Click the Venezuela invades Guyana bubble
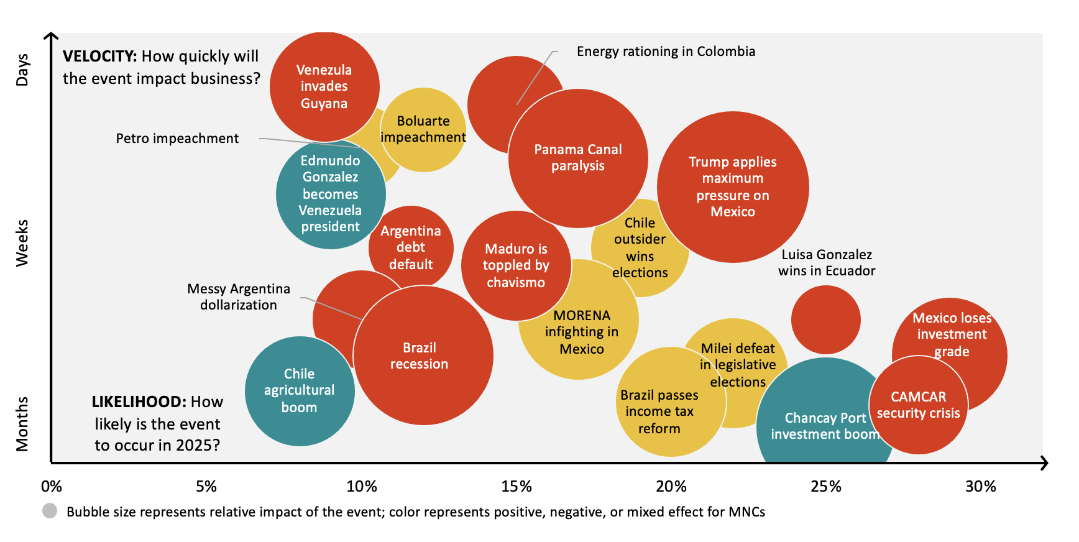pos(324,86)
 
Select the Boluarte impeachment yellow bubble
pos(423,129)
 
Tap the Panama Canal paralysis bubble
pos(578,158)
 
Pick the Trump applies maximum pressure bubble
pos(732,186)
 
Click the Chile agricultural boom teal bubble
pos(299,391)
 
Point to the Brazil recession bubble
pos(423,356)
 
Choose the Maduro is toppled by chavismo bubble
pos(516,265)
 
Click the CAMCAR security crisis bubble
pos(918,405)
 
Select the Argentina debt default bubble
pos(411,247)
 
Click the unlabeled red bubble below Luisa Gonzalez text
pos(825,320)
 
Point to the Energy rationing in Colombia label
pos(666,52)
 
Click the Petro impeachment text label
pos(177,139)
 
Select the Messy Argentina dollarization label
pos(239,297)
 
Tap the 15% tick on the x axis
pos(517,487)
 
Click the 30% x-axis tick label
pos(980,487)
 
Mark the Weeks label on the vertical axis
pos(22,243)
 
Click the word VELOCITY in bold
pos(99,57)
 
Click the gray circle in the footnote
pos(50,511)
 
